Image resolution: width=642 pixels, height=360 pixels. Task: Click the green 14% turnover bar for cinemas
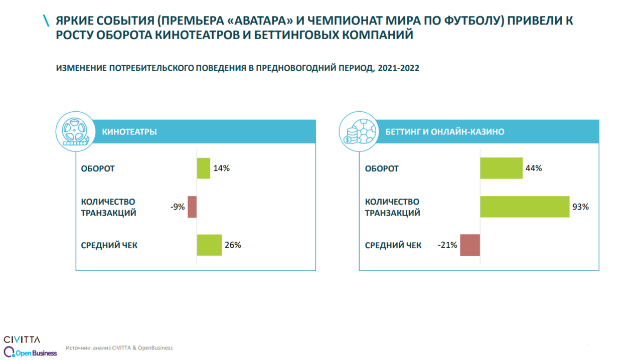203,168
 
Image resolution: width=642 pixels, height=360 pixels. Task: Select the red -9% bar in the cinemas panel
192,207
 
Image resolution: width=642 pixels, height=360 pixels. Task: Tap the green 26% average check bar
209,245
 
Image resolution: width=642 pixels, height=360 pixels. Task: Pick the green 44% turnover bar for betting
501,168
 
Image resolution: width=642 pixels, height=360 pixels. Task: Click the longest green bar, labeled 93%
525,207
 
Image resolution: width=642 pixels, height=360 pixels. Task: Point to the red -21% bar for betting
470,245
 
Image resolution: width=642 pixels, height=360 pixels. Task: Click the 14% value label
222,168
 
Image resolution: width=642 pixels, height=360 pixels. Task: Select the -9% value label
177,207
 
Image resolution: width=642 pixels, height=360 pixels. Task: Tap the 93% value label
580,207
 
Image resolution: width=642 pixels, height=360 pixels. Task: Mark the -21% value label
447,245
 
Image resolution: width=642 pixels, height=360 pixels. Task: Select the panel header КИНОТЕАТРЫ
129,132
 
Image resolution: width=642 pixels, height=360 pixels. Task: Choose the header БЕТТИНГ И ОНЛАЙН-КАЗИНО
445,132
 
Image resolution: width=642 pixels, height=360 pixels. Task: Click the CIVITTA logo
22,339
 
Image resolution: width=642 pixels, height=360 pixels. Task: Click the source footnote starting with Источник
119,347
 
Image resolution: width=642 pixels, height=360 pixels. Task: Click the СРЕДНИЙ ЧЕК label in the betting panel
393,245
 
